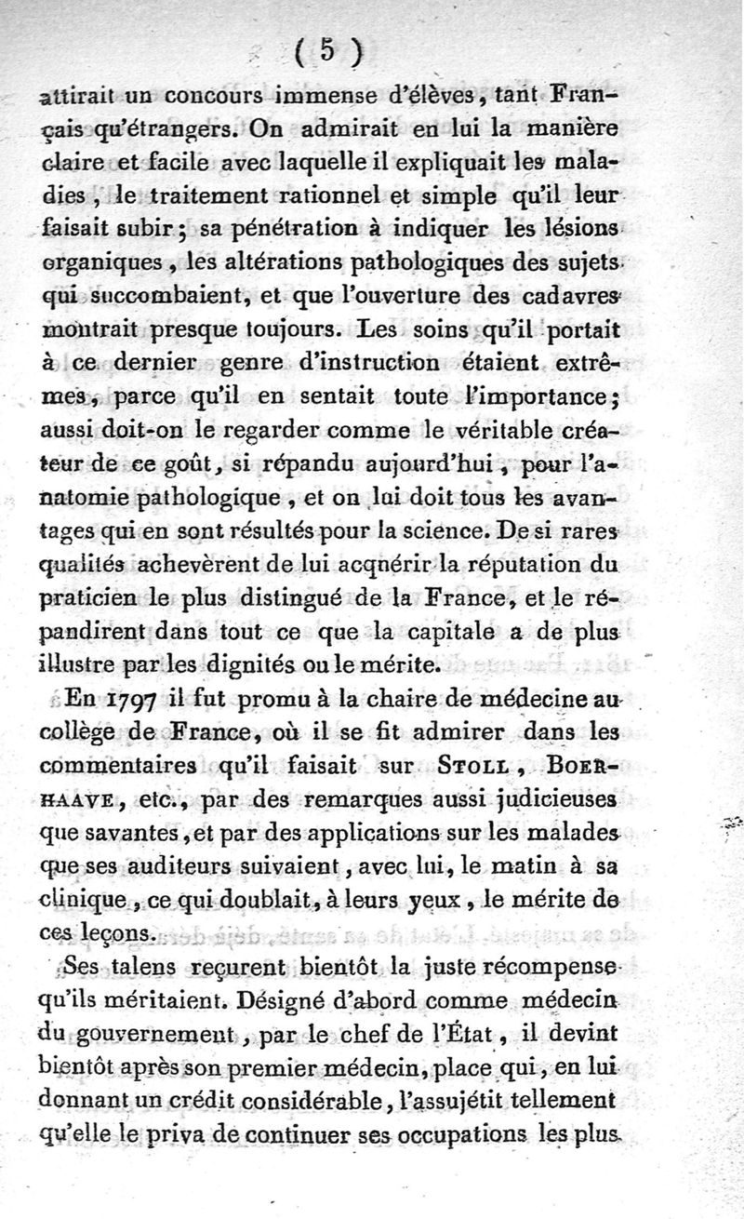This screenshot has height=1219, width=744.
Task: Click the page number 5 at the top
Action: coord(326,52)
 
